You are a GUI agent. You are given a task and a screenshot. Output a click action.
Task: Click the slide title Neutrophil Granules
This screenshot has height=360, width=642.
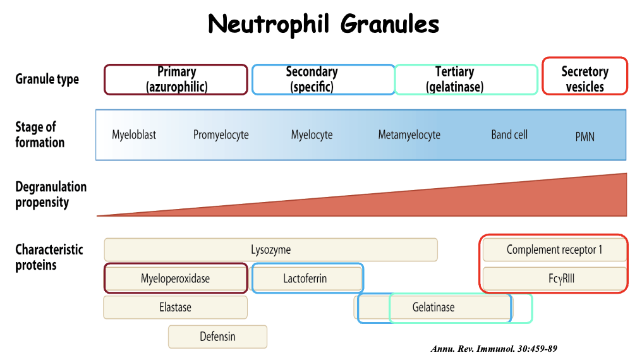pyautogui.click(x=324, y=25)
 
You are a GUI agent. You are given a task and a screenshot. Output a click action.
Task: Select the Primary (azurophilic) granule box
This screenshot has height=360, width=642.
pyautogui.click(x=176, y=80)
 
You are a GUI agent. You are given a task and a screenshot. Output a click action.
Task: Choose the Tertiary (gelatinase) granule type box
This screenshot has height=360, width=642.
pyautogui.click(x=465, y=80)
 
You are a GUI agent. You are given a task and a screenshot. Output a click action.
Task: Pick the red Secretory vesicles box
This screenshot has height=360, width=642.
pyautogui.click(x=584, y=80)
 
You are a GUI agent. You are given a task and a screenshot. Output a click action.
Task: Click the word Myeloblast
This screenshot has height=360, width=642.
pyautogui.click(x=134, y=135)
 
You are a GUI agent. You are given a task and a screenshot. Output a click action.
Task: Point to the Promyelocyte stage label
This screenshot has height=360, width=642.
pyautogui.click(x=221, y=135)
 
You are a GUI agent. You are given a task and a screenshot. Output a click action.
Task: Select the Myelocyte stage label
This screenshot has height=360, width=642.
pyautogui.click(x=312, y=135)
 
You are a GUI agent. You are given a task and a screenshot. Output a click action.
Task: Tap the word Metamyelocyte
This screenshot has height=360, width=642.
pyautogui.click(x=409, y=135)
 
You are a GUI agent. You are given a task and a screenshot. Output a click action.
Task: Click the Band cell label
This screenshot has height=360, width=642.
pyautogui.click(x=509, y=135)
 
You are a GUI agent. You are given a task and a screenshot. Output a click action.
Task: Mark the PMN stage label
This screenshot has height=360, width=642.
pyautogui.click(x=584, y=136)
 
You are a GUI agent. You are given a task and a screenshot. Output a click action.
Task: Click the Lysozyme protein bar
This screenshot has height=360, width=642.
pyautogui.click(x=270, y=249)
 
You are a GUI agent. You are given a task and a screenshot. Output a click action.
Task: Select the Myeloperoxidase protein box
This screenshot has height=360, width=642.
pyautogui.click(x=175, y=279)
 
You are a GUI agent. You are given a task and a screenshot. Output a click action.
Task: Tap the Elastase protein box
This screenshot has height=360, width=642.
pyautogui.click(x=175, y=308)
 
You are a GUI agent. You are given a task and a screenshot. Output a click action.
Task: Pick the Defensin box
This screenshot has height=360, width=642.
pyautogui.click(x=217, y=337)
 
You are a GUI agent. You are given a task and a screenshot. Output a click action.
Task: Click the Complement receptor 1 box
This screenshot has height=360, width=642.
pyautogui.click(x=554, y=249)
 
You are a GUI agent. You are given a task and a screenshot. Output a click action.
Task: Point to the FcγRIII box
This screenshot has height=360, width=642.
pyautogui.click(x=554, y=279)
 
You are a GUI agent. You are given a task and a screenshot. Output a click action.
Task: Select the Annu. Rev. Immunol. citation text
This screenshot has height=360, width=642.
pyautogui.click(x=494, y=349)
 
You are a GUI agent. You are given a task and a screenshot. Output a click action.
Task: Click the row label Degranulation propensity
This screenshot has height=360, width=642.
pyautogui.click(x=51, y=195)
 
